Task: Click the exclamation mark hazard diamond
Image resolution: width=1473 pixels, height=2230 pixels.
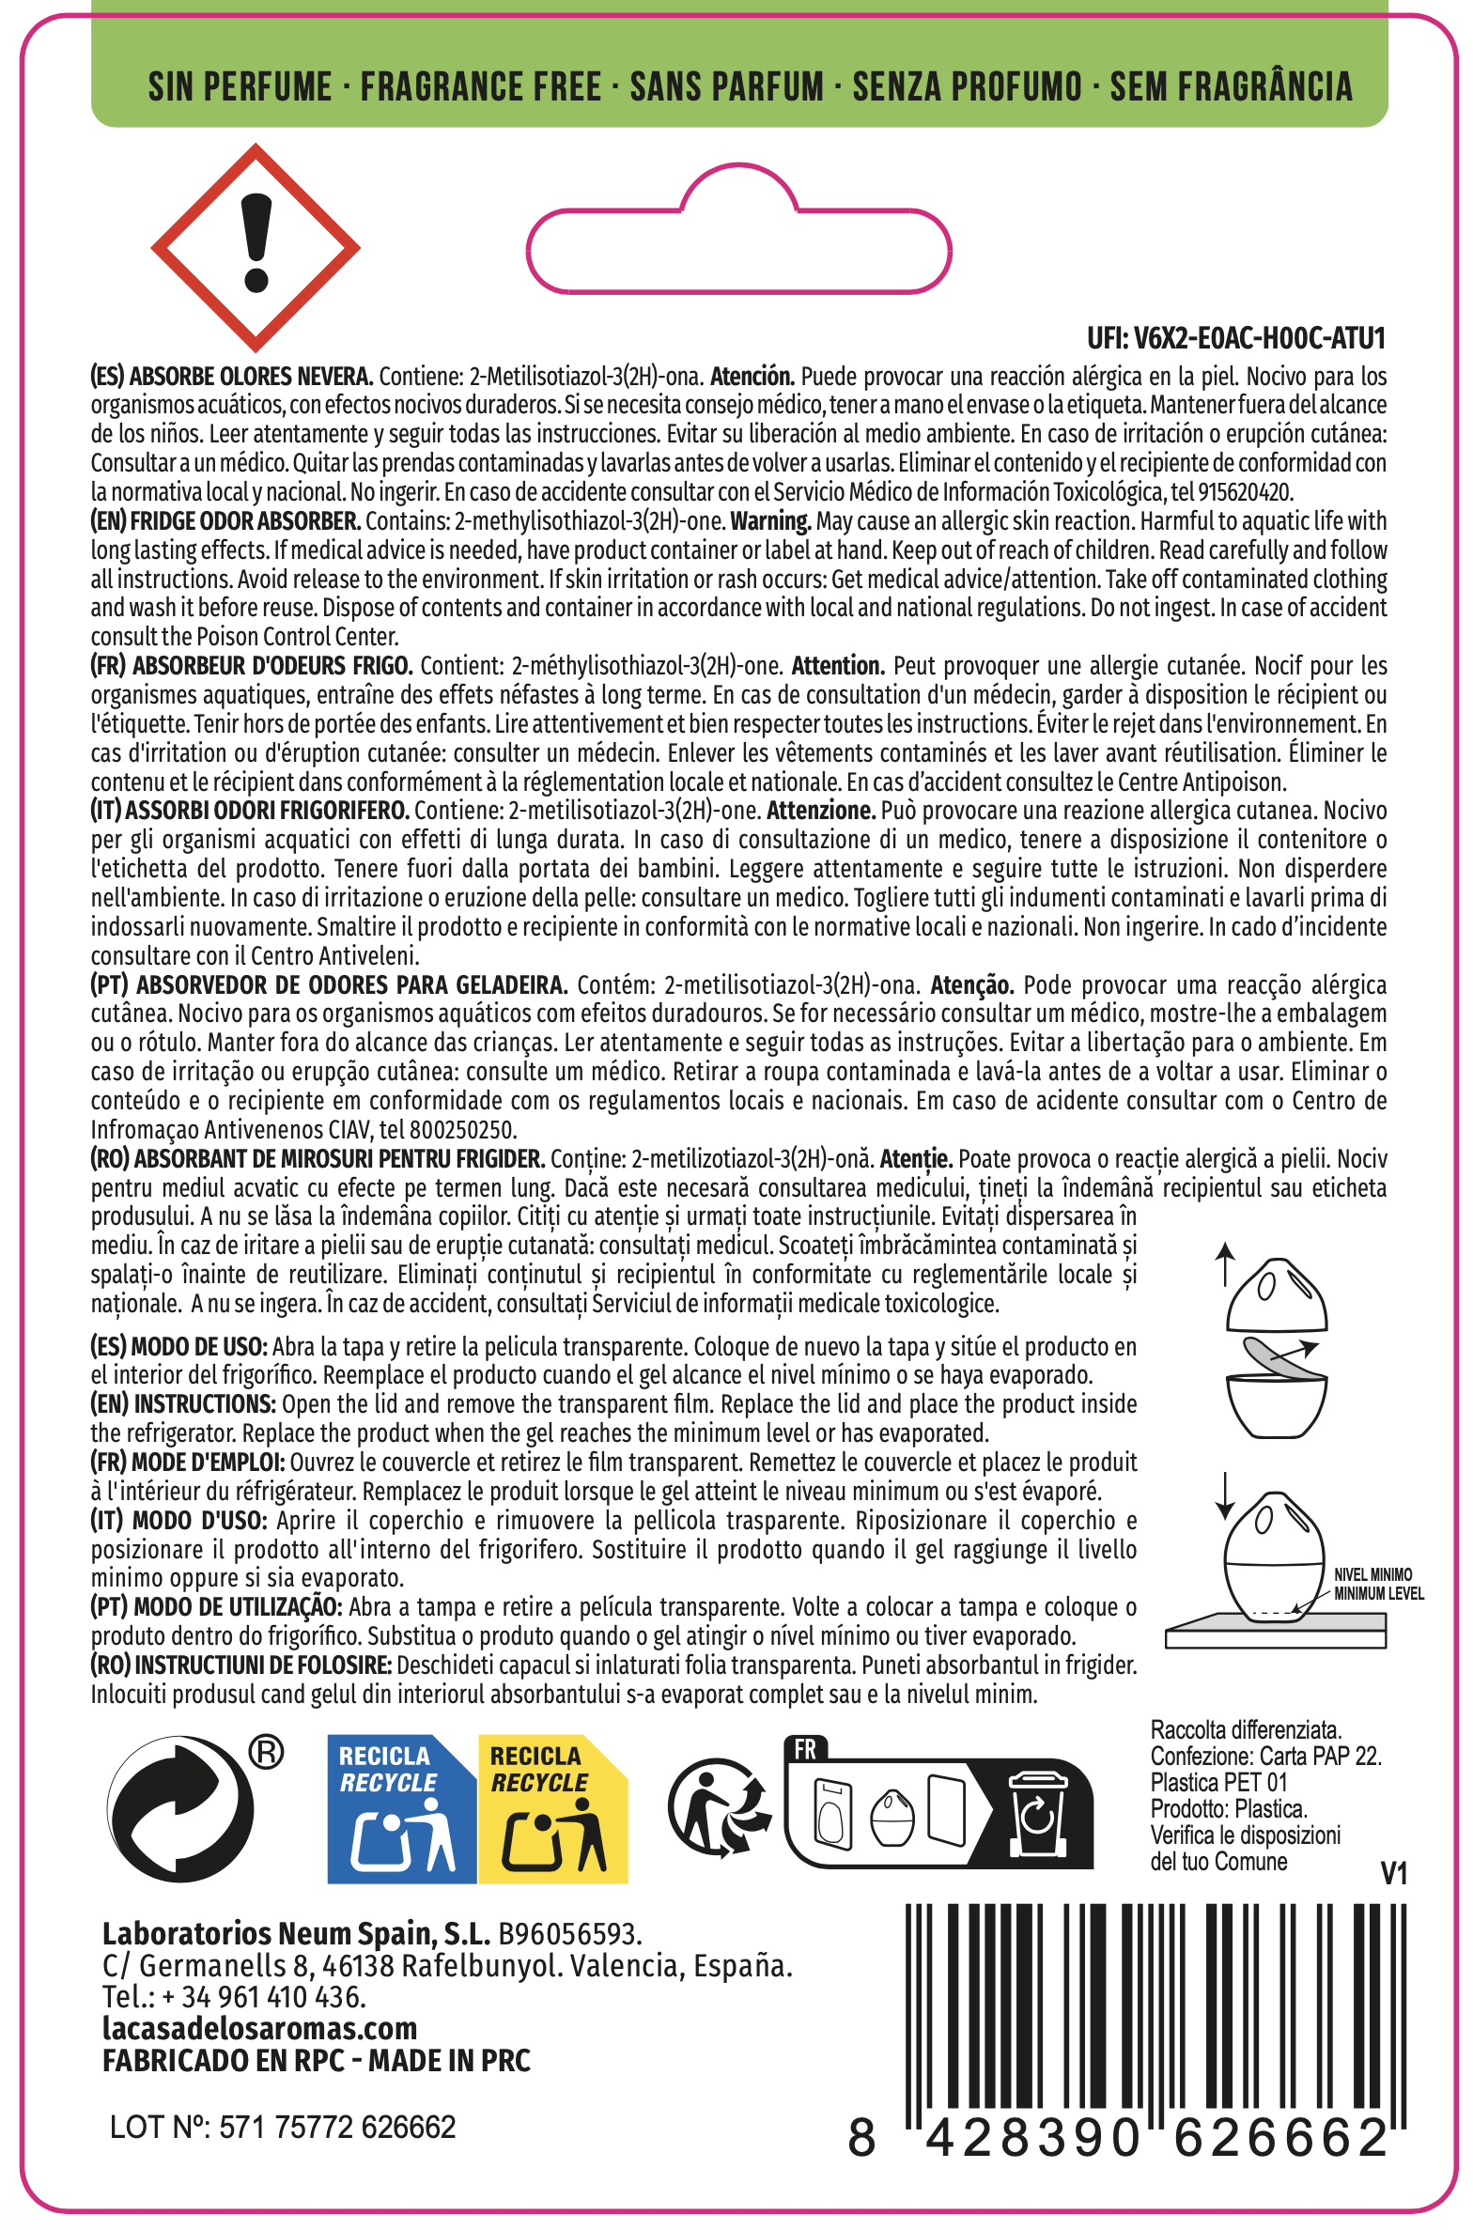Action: pos(256,248)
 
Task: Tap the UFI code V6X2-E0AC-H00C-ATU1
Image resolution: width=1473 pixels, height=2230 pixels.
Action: pos(1235,338)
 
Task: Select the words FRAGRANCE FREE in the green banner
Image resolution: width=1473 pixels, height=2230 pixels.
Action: pos(481,87)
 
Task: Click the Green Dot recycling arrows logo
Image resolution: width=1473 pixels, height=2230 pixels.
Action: pos(181,1808)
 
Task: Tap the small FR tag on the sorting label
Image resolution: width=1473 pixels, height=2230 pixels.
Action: pos(805,1749)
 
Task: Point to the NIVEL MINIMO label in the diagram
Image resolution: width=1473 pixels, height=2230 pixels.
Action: pos(1372,1574)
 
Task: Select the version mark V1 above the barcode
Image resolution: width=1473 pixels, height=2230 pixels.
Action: pos(1393,1874)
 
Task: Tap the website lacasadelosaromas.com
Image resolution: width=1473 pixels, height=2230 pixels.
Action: pos(260,2029)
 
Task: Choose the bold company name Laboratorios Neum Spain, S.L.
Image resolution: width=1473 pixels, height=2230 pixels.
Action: pos(297,1933)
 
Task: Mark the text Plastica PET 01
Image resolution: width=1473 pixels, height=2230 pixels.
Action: pos(1218,1782)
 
